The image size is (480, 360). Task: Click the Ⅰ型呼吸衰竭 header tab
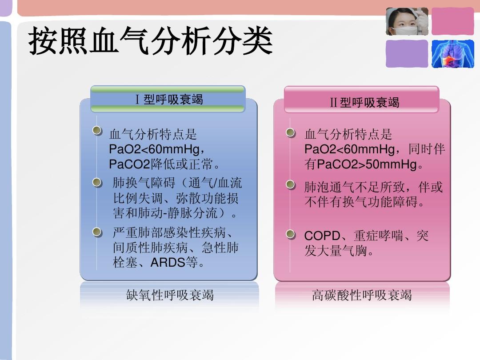(168, 100)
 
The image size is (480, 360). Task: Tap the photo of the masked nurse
(407, 21)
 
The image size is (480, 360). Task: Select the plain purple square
(407, 54)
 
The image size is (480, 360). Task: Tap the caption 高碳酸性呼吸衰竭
(362, 295)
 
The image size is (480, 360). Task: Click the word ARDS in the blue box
(168, 263)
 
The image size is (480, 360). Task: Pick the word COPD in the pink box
(322, 236)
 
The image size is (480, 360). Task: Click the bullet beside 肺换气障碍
(97, 182)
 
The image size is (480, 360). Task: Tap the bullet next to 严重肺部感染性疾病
(97, 232)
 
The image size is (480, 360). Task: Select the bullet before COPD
(290, 234)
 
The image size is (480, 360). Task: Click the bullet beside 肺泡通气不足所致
(290, 184)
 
